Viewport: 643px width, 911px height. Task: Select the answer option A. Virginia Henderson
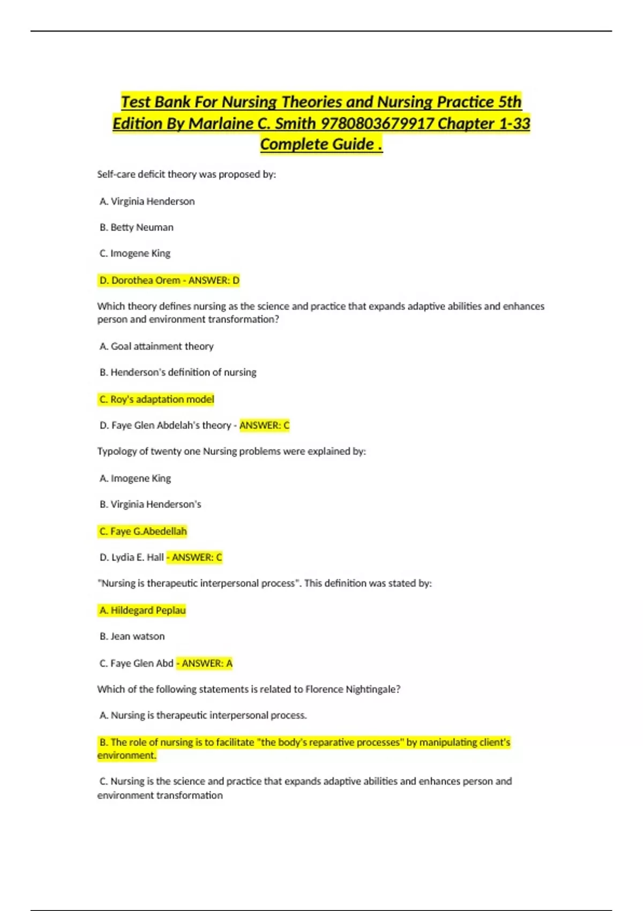click(147, 201)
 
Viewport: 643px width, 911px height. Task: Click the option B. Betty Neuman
click(137, 227)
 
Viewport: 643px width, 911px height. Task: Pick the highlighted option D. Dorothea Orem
click(140, 280)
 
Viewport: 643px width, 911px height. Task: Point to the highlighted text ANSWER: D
click(214, 280)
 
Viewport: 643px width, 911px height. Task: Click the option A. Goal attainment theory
click(156, 346)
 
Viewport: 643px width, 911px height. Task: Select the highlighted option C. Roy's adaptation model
click(156, 399)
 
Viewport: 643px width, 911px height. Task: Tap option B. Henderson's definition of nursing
click(178, 372)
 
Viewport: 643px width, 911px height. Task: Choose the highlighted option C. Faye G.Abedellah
click(143, 531)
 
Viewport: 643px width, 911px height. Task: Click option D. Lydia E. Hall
click(132, 557)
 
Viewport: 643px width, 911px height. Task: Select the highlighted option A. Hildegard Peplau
click(143, 610)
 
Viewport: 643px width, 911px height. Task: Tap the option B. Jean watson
click(132, 636)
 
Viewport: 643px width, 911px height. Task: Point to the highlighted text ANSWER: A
click(207, 663)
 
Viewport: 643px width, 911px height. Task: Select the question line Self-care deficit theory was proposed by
click(186, 174)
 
